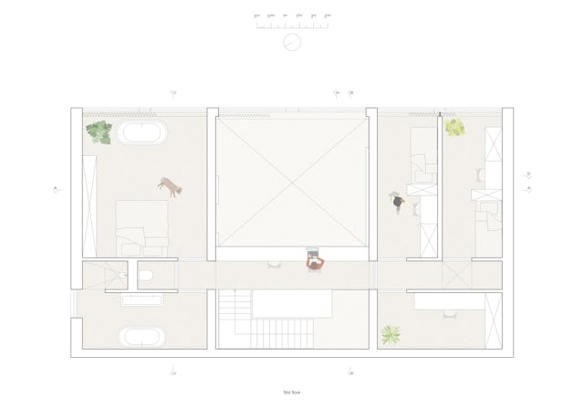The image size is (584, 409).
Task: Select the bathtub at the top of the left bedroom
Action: point(142,134)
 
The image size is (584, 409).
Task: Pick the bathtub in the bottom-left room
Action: point(142,337)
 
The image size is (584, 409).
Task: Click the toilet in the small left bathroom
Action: point(145,275)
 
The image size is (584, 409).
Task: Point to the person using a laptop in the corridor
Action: point(315,262)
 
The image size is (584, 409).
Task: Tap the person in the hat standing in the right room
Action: point(397,202)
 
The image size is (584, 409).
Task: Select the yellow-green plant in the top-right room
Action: point(455,128)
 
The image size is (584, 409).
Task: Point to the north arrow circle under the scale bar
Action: point(292,43)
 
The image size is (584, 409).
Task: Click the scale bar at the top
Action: point(292,23)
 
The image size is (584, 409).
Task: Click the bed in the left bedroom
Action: point(141,228)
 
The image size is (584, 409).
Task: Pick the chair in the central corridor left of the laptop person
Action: point(273,266)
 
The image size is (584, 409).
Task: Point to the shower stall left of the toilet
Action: point(103,275)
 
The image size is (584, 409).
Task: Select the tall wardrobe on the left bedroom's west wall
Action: point(89,206)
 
